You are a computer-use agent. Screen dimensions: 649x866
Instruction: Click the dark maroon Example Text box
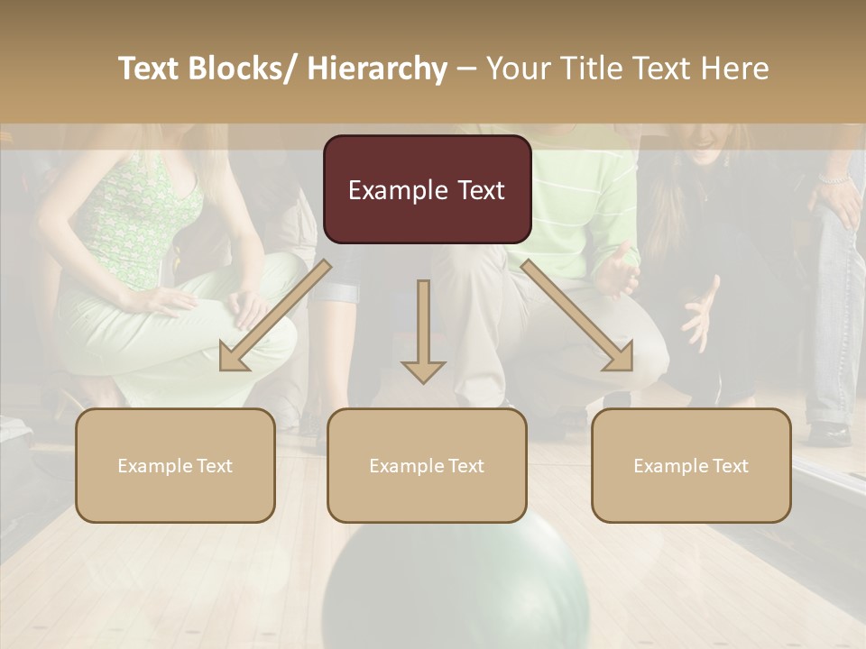click(x=427, y=189)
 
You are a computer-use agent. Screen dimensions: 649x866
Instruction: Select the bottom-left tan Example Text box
click(x=175, y=465)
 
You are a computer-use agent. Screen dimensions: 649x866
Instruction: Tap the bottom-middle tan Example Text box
click(x=427, y=465)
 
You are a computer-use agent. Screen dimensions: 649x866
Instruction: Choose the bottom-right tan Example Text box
click(x=691, y=465)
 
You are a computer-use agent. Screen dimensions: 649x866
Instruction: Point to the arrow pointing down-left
click(x=271, y=319)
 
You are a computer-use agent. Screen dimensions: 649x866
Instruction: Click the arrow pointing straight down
click(x=423, y=334)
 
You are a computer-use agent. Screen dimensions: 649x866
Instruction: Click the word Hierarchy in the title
click(x=377, y=69)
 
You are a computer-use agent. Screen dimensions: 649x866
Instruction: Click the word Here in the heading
click(x=734, y=69)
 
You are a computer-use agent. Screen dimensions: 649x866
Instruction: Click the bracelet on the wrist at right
click(x=835, y=179)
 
